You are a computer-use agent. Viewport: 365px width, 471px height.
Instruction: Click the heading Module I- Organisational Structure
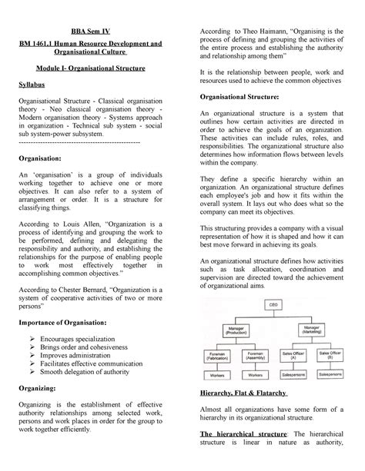pos(95,68)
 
